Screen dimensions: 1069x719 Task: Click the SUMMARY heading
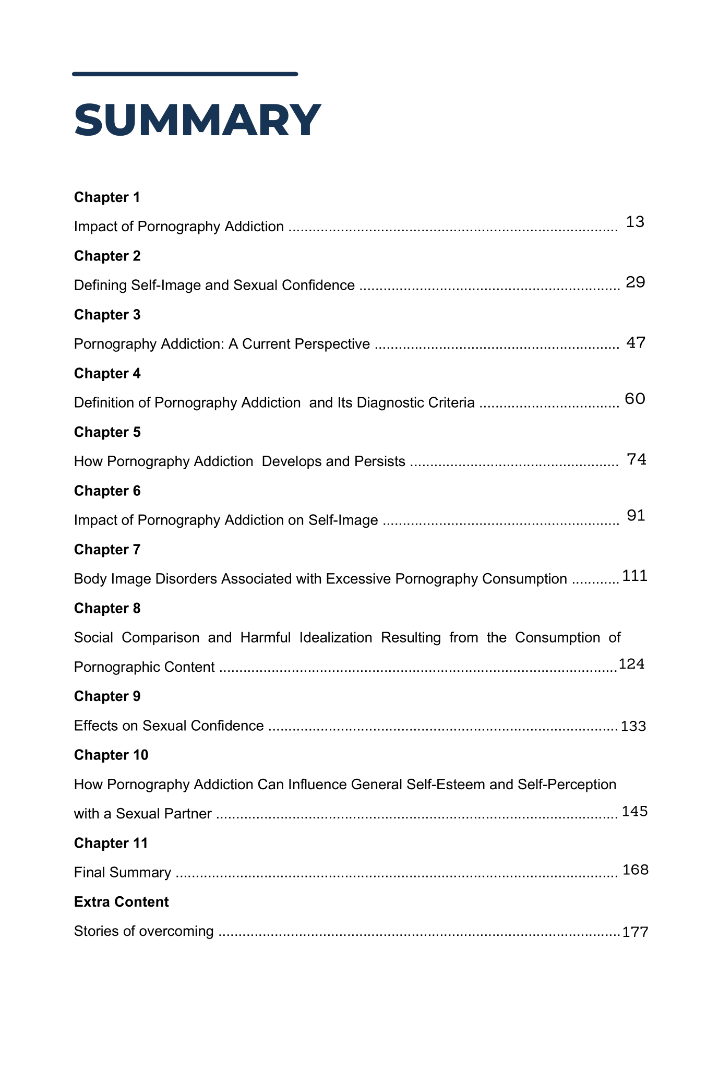click(197, 121)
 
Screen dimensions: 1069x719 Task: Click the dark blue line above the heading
click(185, 74)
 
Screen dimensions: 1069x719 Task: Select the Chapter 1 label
click(107, 197)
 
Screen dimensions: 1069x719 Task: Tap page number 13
click(635, 222)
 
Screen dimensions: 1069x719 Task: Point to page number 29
click(635, 282)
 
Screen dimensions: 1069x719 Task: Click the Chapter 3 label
click(107, 315)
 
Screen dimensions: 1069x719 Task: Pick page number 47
click(636, 343)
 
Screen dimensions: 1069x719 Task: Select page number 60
click(635, 399)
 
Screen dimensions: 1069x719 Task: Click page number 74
click(636, 459)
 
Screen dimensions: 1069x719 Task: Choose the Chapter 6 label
click(107, 491)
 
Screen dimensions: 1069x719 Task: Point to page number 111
click(634, 576)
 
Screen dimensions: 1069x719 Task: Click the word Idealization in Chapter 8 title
click(335, 638)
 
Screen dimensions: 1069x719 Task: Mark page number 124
click(631, 664)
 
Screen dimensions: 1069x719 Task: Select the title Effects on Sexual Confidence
click(169, 726)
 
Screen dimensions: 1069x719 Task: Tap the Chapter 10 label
click(111, 755)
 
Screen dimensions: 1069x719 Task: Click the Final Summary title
click(123, 873)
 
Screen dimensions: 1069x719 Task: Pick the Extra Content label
click(121, 902)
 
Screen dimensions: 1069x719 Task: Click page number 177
click(635, 932)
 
